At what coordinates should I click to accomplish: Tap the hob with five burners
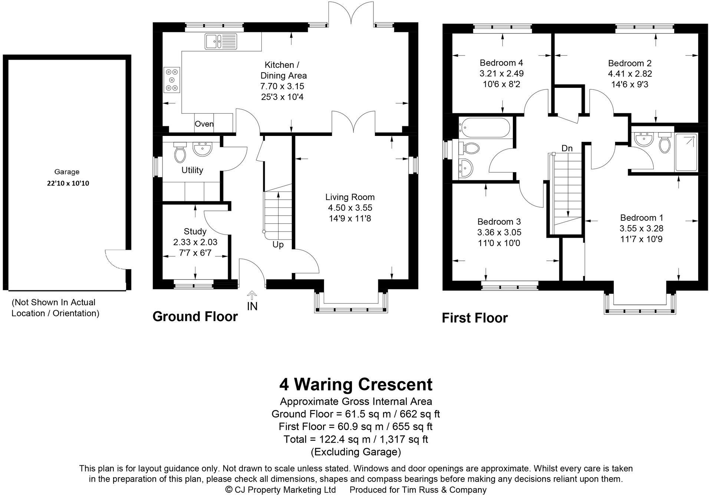[x=172, y=80]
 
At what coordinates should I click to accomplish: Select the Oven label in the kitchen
[x=204, y=124]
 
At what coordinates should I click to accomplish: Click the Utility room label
[x=192, y=170]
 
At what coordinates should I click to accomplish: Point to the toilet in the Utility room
[x=180, y=152]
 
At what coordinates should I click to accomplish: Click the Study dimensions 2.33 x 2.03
[x=195, y=242]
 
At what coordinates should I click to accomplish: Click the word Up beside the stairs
[x=278, y=244]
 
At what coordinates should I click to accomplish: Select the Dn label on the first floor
[x=567, y=149]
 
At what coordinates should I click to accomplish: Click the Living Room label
[x=350, y=197]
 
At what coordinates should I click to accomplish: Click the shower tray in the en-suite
[x=686, y=152]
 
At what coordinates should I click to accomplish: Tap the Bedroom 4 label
[x=501, y=63]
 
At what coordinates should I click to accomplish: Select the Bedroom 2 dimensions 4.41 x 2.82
[x=630, y=74]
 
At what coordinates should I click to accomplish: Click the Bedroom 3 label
[x=499, y=222]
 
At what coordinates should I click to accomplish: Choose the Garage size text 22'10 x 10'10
[x=68, y=183]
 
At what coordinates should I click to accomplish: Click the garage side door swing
[x=114, y=259]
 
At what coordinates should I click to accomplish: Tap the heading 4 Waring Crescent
[x=356, y=385]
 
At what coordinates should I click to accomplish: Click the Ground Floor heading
[x=195, y=317]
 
